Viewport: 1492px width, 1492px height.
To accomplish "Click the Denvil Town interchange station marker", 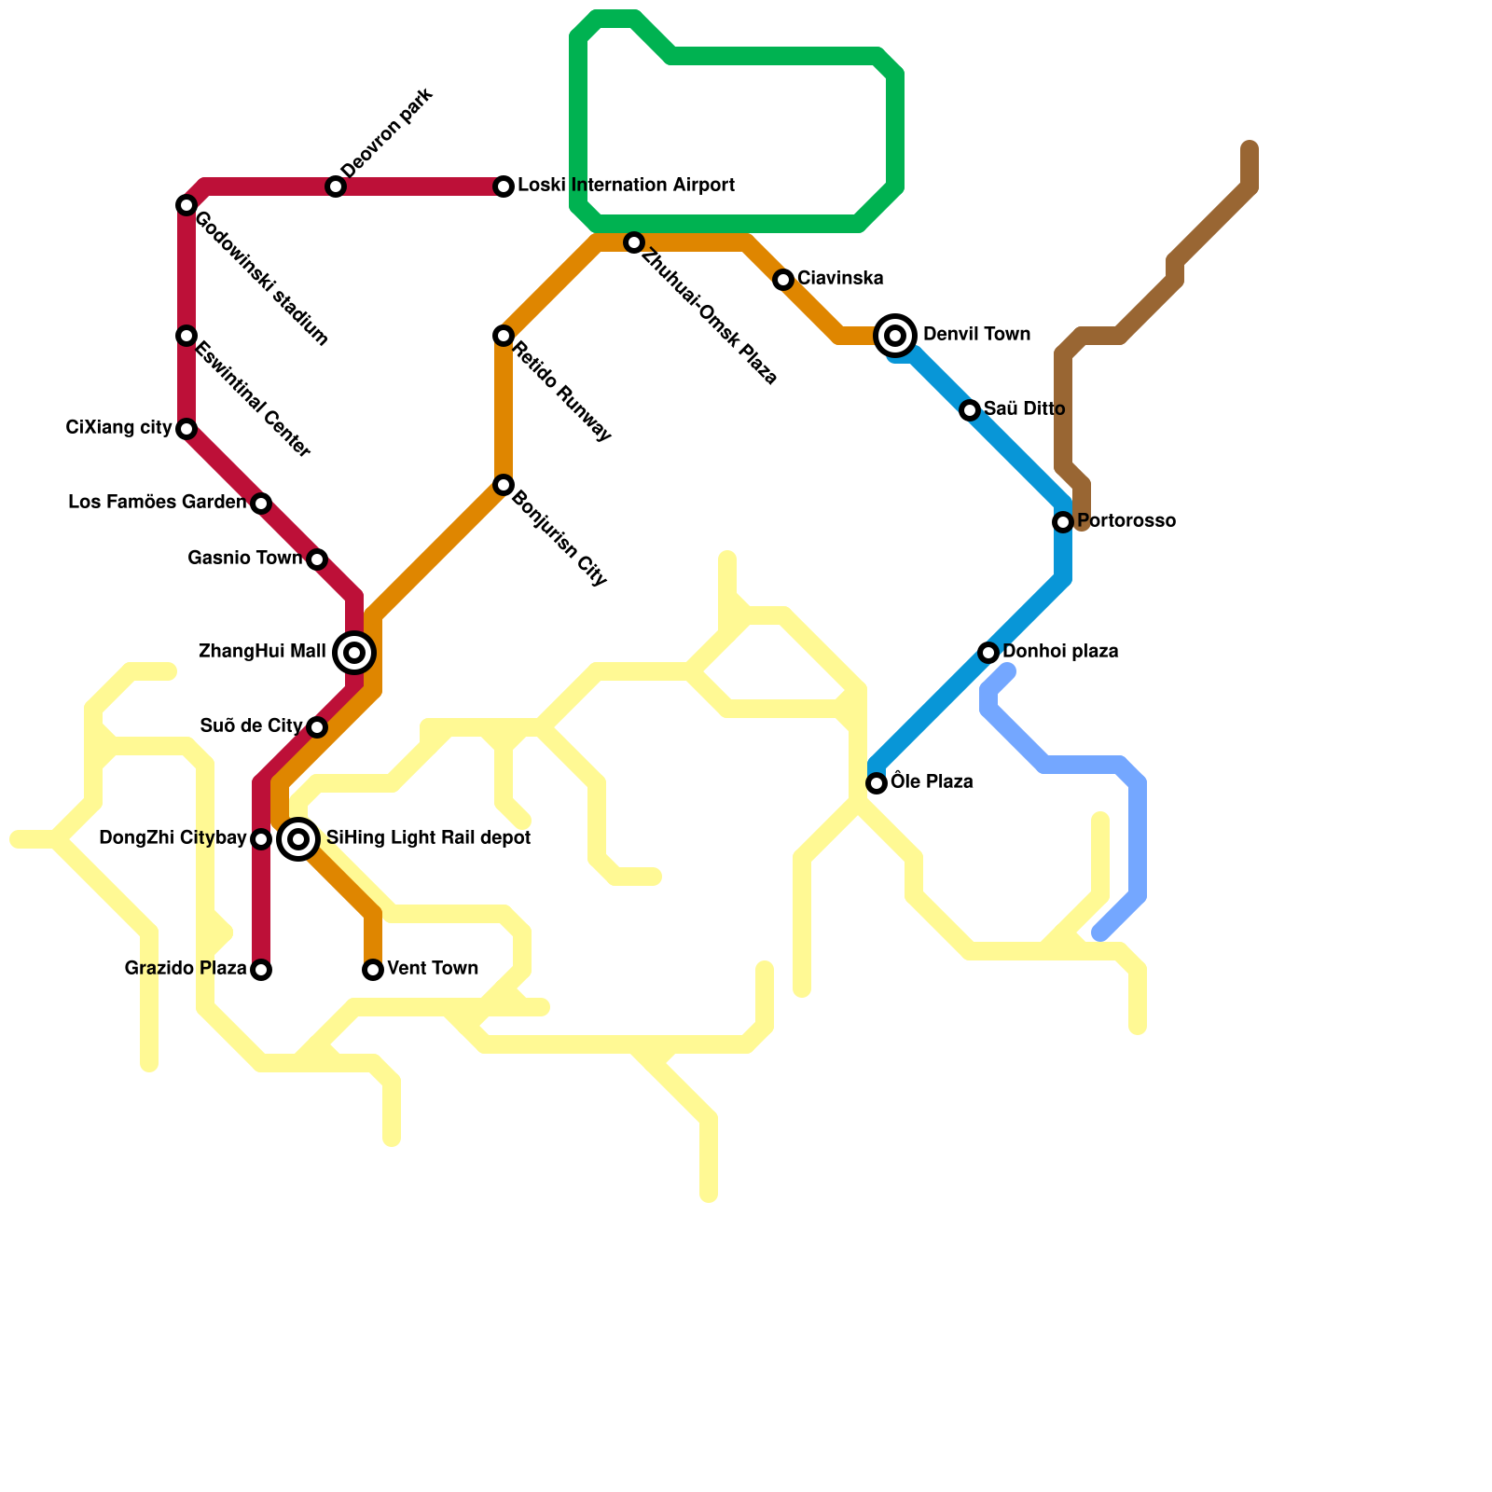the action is (895, 336).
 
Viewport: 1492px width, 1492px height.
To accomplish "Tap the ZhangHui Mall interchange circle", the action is (354, 653).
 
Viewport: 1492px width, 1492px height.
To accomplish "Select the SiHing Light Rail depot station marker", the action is (298, 839).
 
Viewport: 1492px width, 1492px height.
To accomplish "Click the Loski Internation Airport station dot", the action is (504, 186).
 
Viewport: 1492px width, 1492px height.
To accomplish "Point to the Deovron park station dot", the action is (336, 186).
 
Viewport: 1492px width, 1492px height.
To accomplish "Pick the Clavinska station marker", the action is (783, 280).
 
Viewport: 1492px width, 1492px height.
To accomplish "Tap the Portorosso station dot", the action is (1063, 522).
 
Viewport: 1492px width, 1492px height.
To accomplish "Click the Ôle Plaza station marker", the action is (877, 783).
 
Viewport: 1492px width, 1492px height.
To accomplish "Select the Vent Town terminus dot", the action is (373, 970).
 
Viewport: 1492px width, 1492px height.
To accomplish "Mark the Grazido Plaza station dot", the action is (261, 970).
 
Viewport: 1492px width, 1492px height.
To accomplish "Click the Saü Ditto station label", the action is (1024, 409).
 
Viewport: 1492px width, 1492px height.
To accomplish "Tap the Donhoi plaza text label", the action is (1060, 652).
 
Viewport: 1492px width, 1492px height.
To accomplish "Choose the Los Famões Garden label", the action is (157, 503).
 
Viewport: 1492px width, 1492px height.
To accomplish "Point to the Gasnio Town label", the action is (244, 559).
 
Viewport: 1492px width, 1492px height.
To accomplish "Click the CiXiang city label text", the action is (118, 428).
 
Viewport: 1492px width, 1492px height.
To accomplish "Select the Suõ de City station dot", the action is (317, 727).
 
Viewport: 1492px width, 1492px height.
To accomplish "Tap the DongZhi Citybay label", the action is (173, 838).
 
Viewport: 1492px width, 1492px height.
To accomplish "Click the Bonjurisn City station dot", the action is (504, 485).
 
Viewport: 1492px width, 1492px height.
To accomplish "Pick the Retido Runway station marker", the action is (504, 336).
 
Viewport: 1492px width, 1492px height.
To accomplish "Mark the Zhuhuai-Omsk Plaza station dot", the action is (634, 242).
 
